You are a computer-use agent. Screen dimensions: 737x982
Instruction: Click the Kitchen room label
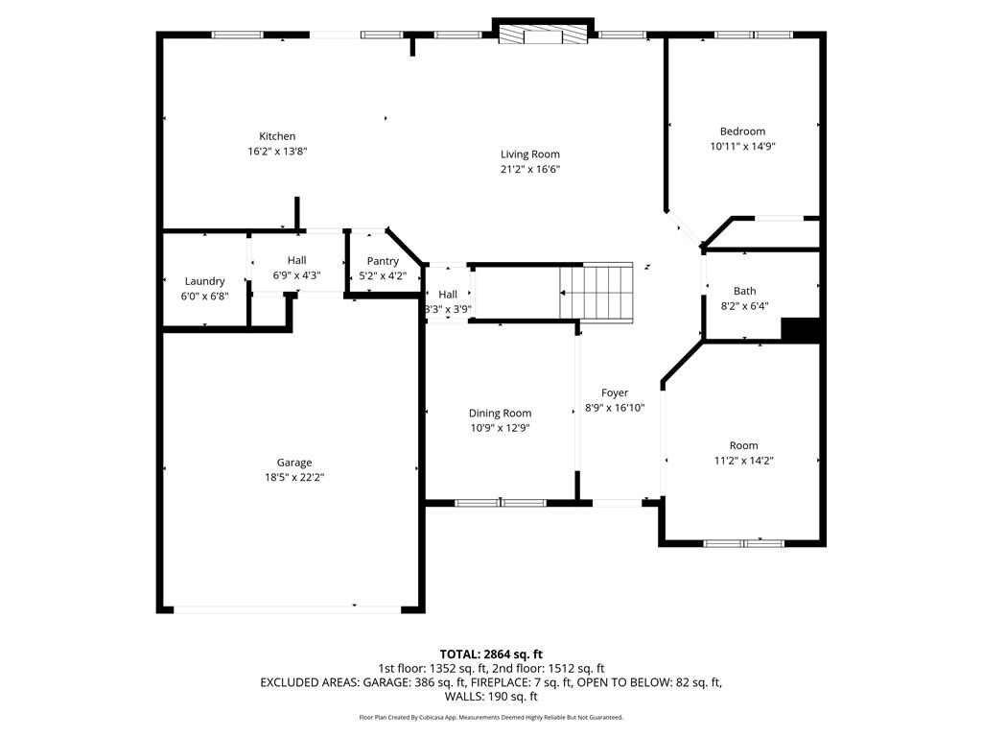point(277,136)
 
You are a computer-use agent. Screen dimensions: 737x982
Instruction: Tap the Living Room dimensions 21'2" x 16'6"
point(529,169)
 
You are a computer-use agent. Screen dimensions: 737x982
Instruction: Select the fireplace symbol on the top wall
point(543,35)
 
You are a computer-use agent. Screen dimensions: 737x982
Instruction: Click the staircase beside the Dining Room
point(596,292)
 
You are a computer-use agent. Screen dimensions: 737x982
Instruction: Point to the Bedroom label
point(742,131)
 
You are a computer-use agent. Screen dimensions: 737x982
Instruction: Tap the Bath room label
point(744,291)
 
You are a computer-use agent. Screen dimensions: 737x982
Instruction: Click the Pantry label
point(383,261)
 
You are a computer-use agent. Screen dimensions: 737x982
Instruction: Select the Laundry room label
point(204,281)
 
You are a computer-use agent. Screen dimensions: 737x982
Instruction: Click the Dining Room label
point(500,414)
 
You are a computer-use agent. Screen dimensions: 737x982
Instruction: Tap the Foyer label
point(615,392)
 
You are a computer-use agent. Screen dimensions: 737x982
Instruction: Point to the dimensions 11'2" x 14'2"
point(743,460)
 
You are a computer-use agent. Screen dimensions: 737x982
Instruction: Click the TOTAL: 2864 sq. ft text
point(491,654)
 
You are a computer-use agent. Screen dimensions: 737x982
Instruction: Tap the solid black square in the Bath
point(802,329)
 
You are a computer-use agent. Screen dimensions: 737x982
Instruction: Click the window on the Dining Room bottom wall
point(500,502)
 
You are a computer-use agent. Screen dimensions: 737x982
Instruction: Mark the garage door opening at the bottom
point(288,607)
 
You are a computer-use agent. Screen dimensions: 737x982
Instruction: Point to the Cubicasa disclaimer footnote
point(491,717)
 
